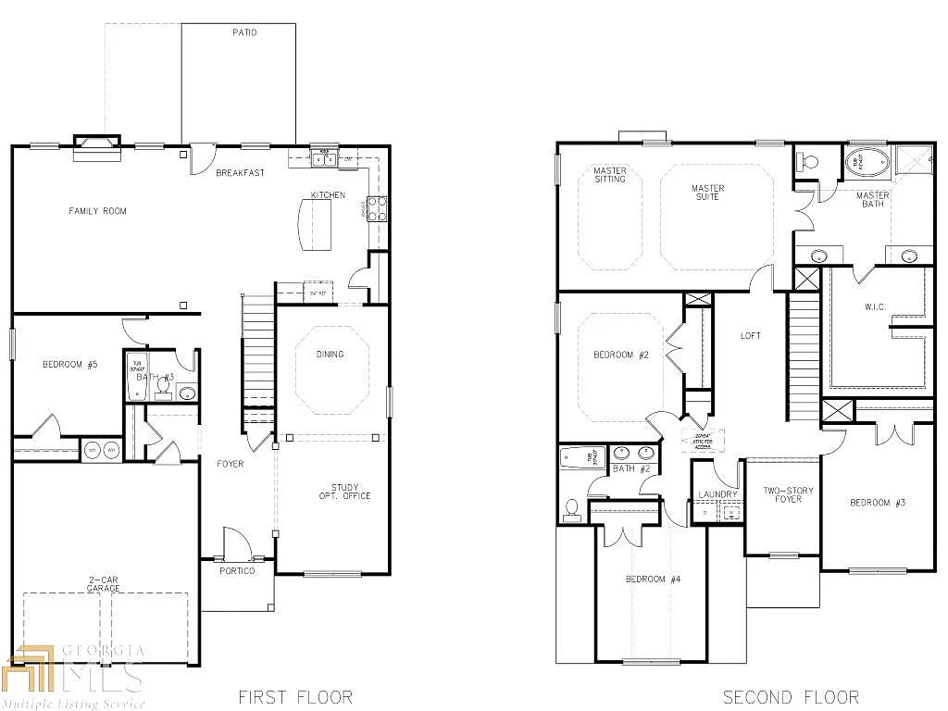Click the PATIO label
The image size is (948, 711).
[x=244, y=32]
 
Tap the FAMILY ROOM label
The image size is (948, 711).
[x=97, y=211]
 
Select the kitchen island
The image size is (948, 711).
[x=314, y=226]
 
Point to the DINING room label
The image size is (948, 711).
[x=330, y=354]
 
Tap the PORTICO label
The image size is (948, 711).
[x=237, y=571]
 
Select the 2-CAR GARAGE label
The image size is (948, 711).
[x=104, y=584]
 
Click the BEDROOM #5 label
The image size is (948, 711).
[x=69, y=365]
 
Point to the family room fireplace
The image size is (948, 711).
[x=97, y=143]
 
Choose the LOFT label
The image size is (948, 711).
[x=751, y=335]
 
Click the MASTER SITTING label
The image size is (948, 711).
[x=610, y=174]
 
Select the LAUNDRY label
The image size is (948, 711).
[x=719, y=495]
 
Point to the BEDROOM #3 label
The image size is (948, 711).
[x=877, y=503]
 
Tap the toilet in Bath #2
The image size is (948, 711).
[x=572, y=509]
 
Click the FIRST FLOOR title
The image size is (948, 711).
[x=295, y=696]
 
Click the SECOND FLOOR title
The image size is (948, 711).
[x=791, y=696]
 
